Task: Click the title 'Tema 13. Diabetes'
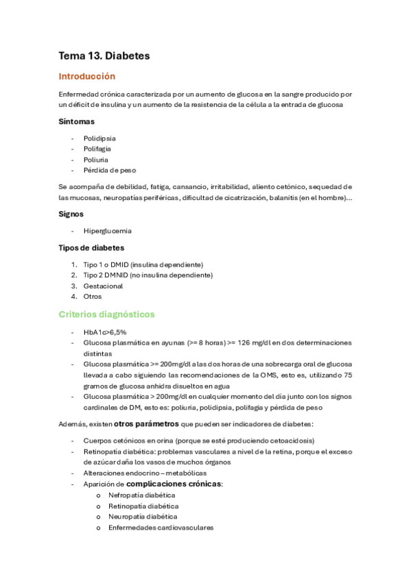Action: pyautogui.click(x=104, y=55)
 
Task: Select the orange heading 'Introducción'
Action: pyautogui.click(x=86, y=77)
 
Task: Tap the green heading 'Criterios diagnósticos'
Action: pyautogui.click(x=106, y=314)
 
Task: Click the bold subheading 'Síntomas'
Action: pyautogui.click(x=76, y=122)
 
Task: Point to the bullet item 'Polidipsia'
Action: pyautogui.click(x=99, y=138)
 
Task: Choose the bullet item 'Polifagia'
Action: pyautogui.click(x=97, y=149)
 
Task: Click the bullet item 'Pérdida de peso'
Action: pyautogui.click(x=105, y=171)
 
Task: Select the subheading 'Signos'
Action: pyautogui.click(x=71, y=214)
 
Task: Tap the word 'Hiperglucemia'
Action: pyautogui.click(x=108, y=231)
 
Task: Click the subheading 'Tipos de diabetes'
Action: pyautogui.click(x=91, y=248)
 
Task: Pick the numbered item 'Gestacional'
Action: pyautogui.click(x=103, y=286)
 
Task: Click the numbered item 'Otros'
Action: pyautogui.click(x=93, y=297)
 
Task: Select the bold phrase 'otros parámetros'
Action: pyautogui.click(x=143, y=424)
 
